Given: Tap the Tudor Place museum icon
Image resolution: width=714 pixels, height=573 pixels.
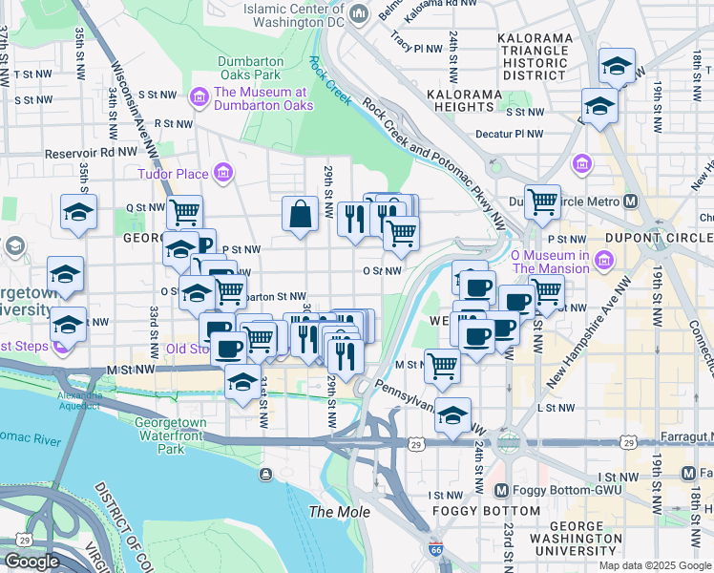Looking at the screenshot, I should pos(222,173).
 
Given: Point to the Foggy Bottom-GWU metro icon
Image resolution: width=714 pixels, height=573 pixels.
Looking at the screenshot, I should pos(502,491).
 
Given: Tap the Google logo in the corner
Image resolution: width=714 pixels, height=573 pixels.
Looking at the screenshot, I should pos(31,561).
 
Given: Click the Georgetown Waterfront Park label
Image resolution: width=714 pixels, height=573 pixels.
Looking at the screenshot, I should pos(170,435).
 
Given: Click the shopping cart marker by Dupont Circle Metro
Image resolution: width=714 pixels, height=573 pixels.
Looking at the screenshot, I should pos(542,202).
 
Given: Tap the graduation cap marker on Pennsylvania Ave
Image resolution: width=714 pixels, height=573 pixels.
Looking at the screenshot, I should pos(453,415).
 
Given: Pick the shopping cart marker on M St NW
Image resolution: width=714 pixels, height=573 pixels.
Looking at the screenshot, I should pos(442,365).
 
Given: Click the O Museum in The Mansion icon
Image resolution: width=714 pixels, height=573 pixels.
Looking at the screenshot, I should pos(602,261).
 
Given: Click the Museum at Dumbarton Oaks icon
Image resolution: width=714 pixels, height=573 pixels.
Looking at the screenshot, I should pos(199,95).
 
